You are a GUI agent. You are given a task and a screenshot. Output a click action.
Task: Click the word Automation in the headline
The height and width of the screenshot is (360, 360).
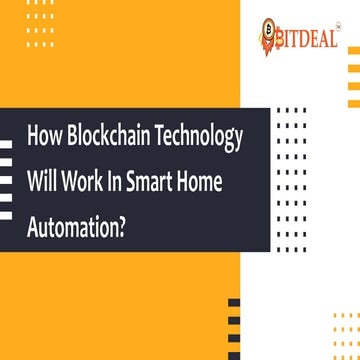(72, 221)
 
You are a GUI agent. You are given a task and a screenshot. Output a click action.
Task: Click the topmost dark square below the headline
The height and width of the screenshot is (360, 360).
(234, 301)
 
